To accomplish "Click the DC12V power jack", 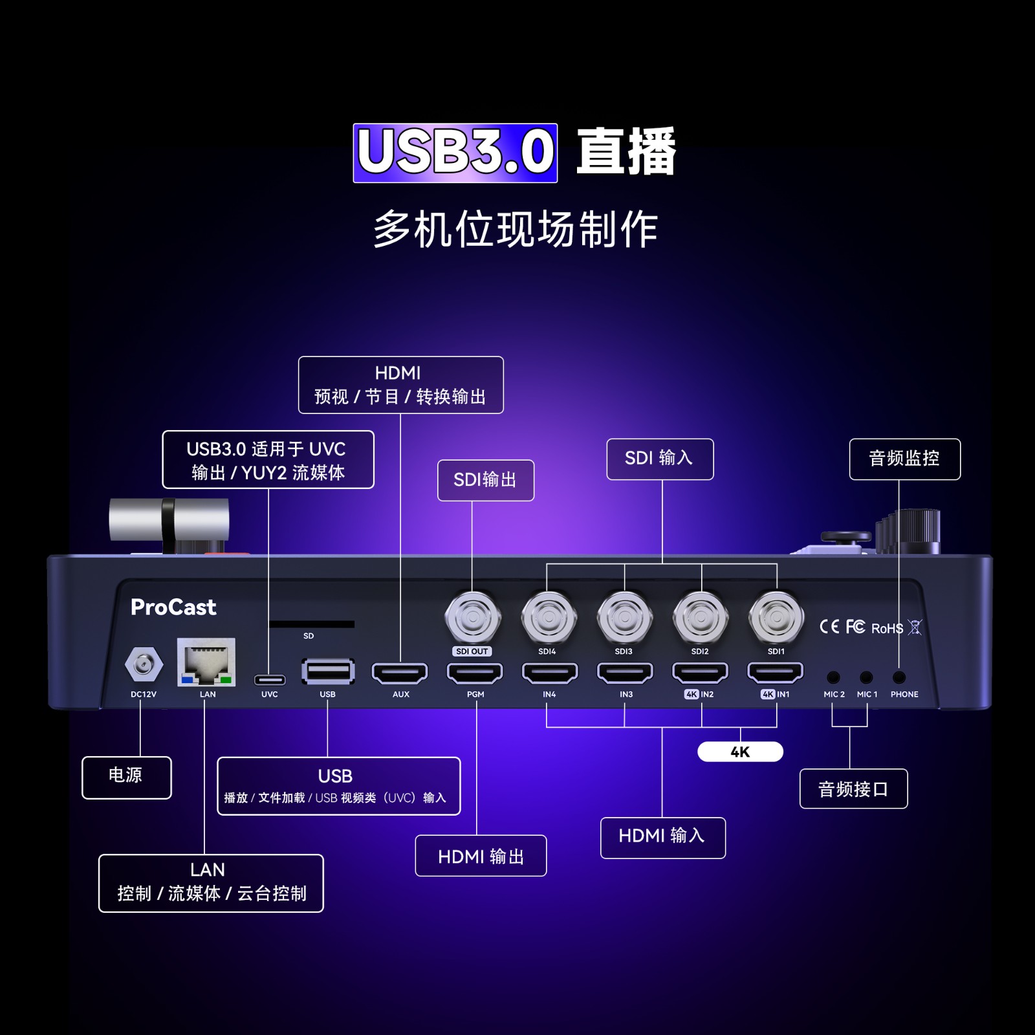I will [143, 664].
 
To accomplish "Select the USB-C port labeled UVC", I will [269, 679].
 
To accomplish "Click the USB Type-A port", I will [328, 671].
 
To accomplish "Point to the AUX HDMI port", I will [400, 673].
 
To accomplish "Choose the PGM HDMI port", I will [475, 673].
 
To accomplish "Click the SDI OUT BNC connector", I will [473, 617].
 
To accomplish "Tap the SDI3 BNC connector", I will [624, 617].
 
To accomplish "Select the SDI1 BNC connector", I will [776, 617].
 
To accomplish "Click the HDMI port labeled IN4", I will [550, 673].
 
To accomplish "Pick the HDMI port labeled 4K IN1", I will [775, 673].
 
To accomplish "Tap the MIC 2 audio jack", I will [833, 677].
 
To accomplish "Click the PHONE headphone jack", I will [899, 677].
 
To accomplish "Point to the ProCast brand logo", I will [173, 607].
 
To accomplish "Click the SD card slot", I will [311, 624].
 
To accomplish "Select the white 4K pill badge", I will [740, 752].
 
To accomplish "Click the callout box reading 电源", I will [127, 777].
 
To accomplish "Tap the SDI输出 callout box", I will [486, 480].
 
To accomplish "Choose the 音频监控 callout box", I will [904, 459].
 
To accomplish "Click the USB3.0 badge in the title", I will [455, 153].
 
